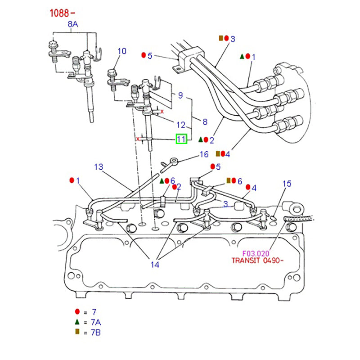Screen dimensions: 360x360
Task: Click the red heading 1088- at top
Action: [x=62, y=12]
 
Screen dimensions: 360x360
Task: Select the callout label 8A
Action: [x=73, y=25]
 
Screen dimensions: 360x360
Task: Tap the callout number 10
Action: [x=122, y=51]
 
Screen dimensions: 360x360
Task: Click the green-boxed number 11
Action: [x=181, y=139]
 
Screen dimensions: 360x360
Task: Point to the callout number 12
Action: [x=180, y=125]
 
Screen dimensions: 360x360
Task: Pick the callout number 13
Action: [x=99, y=167]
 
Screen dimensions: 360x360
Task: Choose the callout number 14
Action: [x=155, y=265]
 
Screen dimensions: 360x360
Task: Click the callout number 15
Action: [x=287, y=184]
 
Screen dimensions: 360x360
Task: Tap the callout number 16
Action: [x=204, y=155]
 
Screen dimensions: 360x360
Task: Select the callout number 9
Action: [x=180, y=95]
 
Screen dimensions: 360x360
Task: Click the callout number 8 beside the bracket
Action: [x=205, y=121]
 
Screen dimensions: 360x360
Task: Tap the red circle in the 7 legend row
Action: [x=77, y=311]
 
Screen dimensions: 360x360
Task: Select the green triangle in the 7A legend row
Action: [x=77, y=322]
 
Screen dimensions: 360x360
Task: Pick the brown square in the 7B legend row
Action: [x=77, y=332]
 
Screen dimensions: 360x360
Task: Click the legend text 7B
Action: [x=96, y=332]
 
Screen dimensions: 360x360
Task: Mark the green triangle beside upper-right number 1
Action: [x=242, y=56]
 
